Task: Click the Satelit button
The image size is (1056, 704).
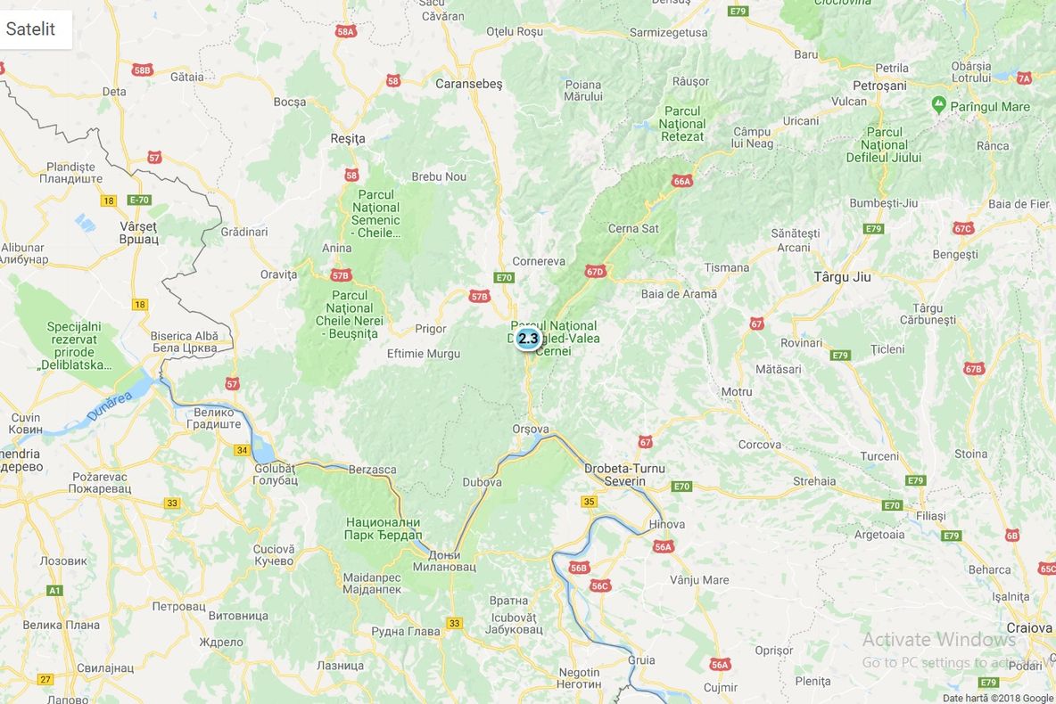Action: pyautogui.click(x=31, y=29)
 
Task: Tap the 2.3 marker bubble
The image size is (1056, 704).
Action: pyautogui.click(x=528, y=339)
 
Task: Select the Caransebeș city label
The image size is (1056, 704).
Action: pyautogui.click(x=468, y=84)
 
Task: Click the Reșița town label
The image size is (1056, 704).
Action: pyautogui.click(x=348, y=138)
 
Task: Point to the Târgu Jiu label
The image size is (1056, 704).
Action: pyautogui.click(x=842, y=277)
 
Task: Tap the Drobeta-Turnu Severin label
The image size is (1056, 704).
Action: pyautogui.click(x=624, y=474)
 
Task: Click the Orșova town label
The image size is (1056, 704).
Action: pyautogui.click(x=531, y=428)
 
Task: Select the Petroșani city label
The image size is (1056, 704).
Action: pyautogui.click(x=879, y=86)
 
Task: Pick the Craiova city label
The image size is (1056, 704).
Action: pyautogui.click(x=1029, y=627)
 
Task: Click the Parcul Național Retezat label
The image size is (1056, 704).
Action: pyautogui.click(x=682, y=124)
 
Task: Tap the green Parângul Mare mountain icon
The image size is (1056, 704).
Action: pyautogui.click(x=938, y=105)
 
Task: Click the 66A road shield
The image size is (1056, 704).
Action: pyautogui.click(x=682, y=181)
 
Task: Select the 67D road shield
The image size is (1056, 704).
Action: pyautogui.click(x=595, y=271)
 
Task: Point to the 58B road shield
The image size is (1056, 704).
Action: pyautogui.click(x=142, y=70)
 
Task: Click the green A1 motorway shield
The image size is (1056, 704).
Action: pyautogui.click(x=54, y=590)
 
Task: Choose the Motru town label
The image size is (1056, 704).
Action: pyautogui.click(x=737, y=392)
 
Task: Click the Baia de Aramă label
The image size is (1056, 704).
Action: pyautogui.click(x=679, y=294)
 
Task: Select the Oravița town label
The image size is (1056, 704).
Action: pyautogui.click(x=278, y=274)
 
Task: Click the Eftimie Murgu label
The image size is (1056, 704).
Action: pyautogui.click(x=424, y=354)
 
